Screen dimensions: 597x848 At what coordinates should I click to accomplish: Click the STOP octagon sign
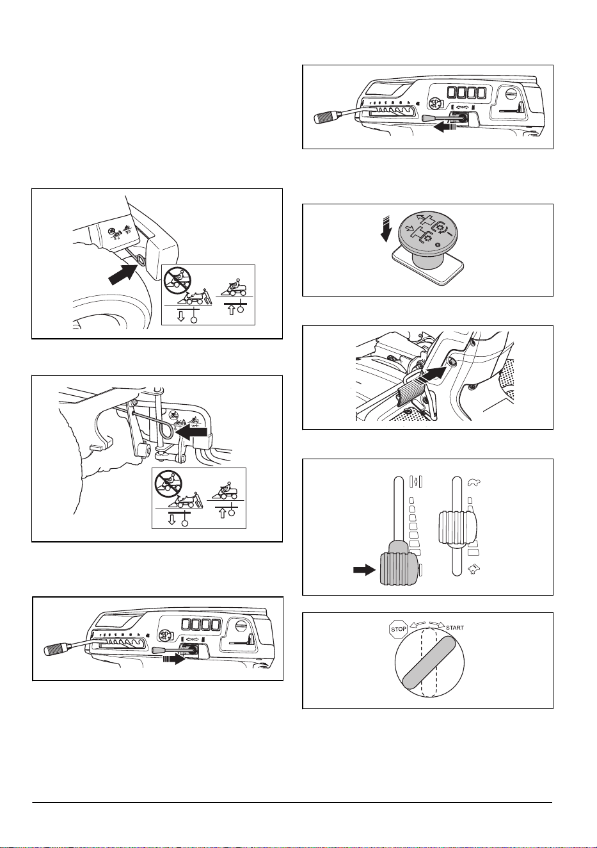coord(399,629)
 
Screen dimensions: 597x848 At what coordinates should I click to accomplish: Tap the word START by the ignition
coord(455,627)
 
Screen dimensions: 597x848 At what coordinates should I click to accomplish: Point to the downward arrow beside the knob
coord(386,229)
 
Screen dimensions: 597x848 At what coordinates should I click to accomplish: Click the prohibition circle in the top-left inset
coord(177,281)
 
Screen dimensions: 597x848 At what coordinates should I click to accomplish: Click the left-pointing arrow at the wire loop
coord(192,432)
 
